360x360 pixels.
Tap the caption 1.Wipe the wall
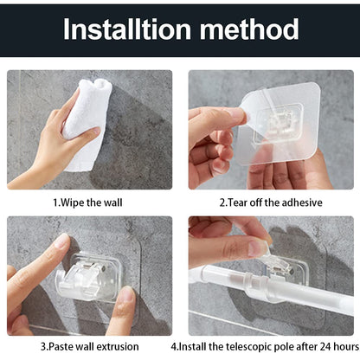[87, 202]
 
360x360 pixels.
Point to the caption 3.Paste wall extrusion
[88, 348]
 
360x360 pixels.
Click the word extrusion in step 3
[116, 348]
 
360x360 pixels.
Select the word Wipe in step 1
[75, 202]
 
